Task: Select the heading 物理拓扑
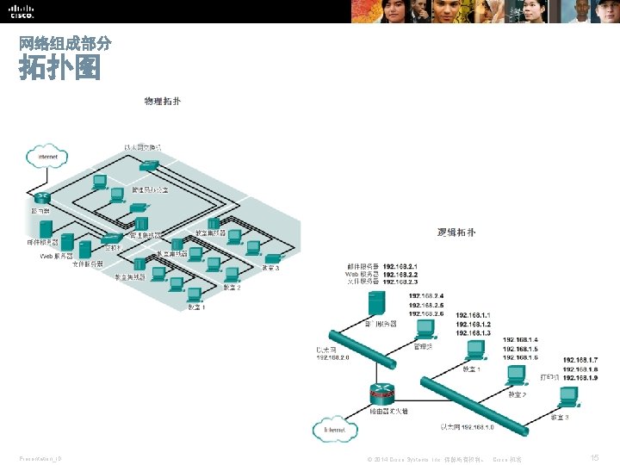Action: [162, 102]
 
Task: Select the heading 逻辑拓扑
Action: [456, 232]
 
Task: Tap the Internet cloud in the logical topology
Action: [335, 429]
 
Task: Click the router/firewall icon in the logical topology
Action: [383, 394]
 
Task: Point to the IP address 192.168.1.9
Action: [580, 377]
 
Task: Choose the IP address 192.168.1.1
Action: [474, 315]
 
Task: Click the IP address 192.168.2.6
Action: [426, 314]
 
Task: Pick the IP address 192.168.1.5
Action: [521, 349]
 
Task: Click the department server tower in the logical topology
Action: [375, 304]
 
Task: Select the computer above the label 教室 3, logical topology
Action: [568, 397]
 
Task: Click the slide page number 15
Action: [595, 457]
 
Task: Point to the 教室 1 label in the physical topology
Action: [196, 307]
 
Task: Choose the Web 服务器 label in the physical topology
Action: [56, 256]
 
